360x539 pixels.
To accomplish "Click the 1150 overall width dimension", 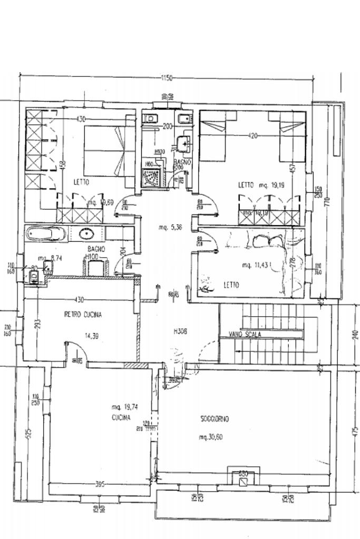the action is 166,79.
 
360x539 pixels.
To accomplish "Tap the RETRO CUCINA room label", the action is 83,315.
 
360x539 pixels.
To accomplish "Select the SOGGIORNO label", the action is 215,419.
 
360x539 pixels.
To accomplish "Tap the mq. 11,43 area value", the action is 255,264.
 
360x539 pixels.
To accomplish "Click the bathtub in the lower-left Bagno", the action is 46,233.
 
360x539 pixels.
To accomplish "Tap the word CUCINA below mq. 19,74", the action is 121,417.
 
